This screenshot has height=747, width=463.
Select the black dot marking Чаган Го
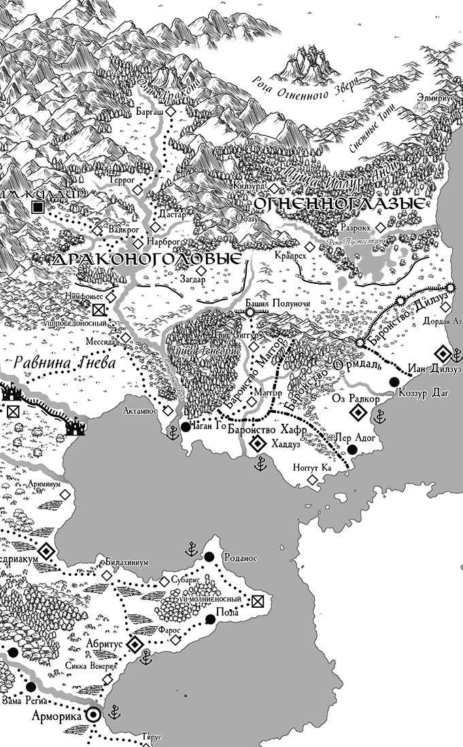(186, 427)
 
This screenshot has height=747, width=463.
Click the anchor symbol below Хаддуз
(259, 464)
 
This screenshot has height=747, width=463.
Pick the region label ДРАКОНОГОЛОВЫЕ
(147, 259)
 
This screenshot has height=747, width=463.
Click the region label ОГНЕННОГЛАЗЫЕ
(340, 203)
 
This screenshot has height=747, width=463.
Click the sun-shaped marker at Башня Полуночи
(250, 311)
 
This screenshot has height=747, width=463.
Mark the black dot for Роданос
(209, 557)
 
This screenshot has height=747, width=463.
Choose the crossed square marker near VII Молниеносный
(257, 600)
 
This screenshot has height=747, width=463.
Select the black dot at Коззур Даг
(393, 383)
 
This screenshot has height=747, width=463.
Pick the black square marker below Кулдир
(39, 206)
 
